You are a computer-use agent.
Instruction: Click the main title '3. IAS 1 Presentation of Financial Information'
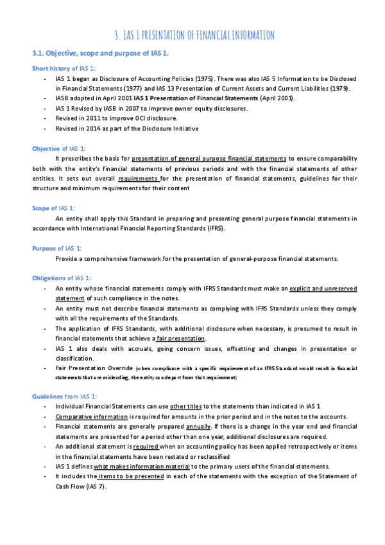193,34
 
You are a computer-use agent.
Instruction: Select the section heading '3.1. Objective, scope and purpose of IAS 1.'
100,52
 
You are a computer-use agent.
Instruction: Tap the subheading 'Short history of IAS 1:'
64,68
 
